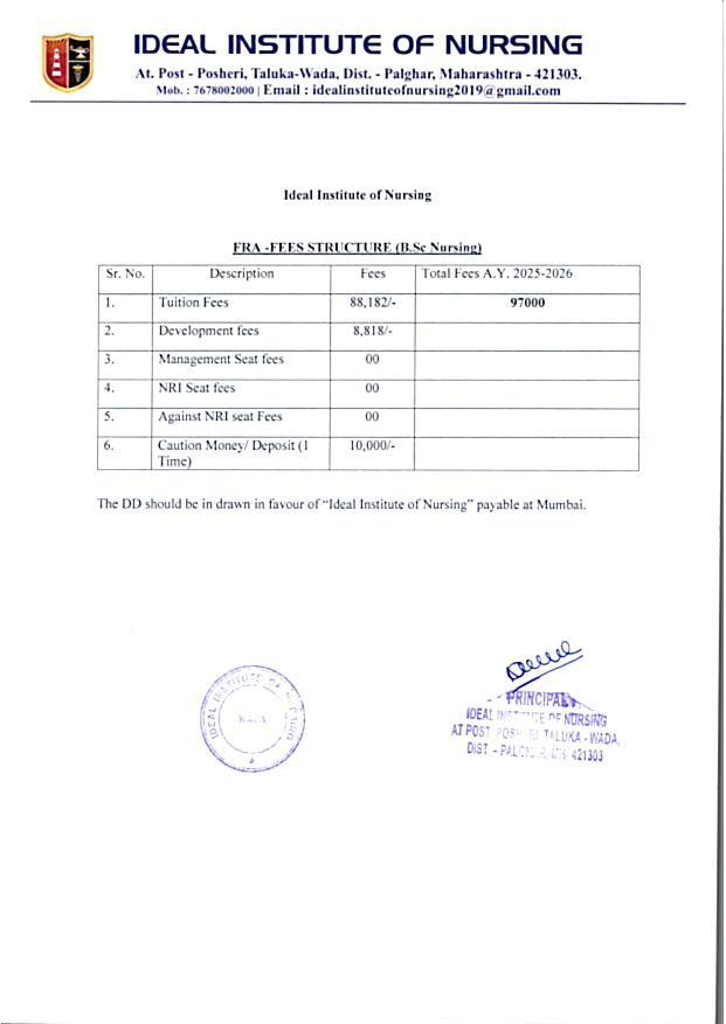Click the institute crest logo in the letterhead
pyautogui.click(x=67, y=63)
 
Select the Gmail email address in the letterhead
pyautogui.click(x=437, y=91)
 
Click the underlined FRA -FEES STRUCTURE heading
pyautogui.click(x=357, y=248)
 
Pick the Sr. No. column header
pyautogui.click(x=125, y=274)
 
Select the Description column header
pyautogui.click(x=241, y=274)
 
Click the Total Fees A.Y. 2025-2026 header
pyautogui.click(x=497, y=274)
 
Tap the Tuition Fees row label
pyautogui.click(x=193, y=303)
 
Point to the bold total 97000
pyautogui.click(x=527, y=303)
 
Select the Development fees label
pyautogui.click(x=209, y=331)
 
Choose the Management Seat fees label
pyautogui.click(x=221, y=359)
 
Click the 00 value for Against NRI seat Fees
pyautogui.click(x=372, y=416)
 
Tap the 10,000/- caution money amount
pyautogui.click(x=373, y=446)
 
